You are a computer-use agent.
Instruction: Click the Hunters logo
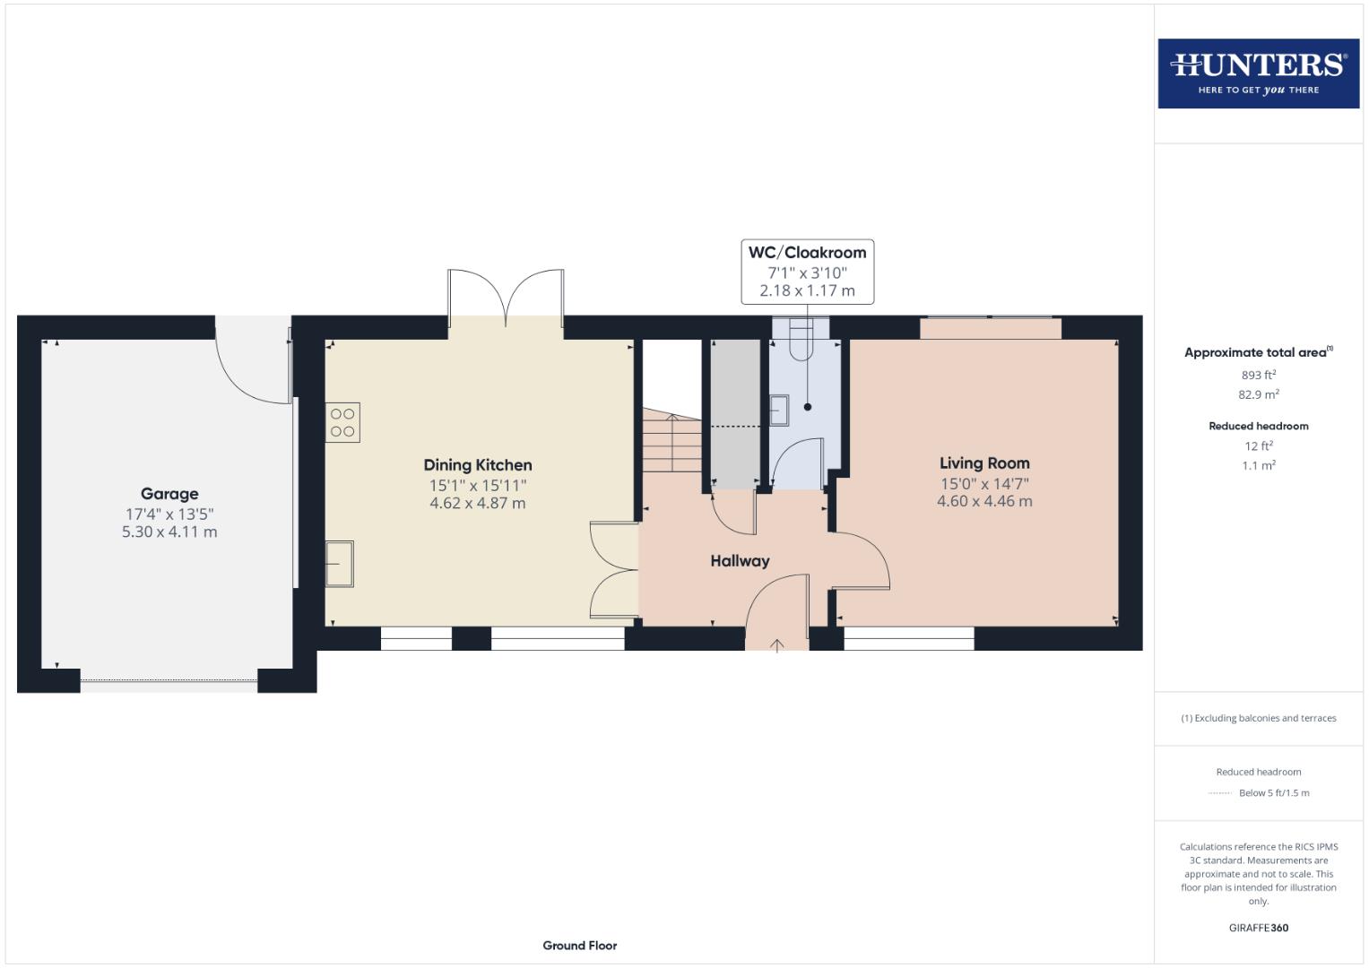pos(1258,73)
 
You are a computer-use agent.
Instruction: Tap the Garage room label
pos(169,494)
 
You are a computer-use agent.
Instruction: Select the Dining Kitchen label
pos(478,465)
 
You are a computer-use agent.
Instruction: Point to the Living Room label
pos(984,463)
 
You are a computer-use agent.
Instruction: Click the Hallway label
pos(740,561)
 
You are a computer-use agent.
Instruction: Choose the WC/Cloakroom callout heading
pos(807,253)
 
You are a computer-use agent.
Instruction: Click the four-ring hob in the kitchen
pos(342,422)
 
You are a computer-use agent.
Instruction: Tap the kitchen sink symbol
pos(339,564)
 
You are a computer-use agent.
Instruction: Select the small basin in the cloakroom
pos(779,410)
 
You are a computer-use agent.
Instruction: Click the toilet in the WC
pos(801,339)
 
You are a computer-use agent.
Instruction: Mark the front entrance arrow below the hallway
pos(776,644)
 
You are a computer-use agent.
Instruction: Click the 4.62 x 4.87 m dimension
pos(478,504)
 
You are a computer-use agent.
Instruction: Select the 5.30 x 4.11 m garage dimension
pos(169,532)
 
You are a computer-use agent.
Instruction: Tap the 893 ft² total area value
pos(1258,375)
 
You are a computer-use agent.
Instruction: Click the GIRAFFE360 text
pos(1258,928)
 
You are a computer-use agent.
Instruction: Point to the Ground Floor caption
pos(580,946)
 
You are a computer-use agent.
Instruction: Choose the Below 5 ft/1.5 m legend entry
pos(1273,793)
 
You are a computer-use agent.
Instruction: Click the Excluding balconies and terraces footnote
pos(1258,718)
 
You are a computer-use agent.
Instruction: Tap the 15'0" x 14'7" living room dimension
pos(984,484)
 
